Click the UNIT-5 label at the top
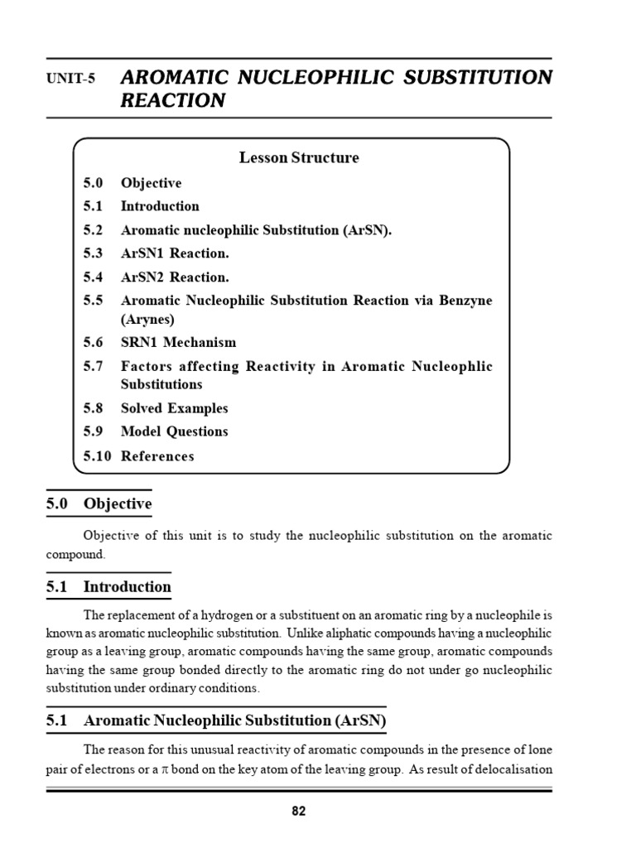pyautogui.click(x=70, y=79)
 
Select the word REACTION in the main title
pyautogui.click(x=173, y=101)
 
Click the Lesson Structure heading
pyautogui.click(x=299, y=157)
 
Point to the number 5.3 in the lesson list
pyautogui.click(x=93, y=253)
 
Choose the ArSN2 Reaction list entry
pyautogui.click(x=175, y=277)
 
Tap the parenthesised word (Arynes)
pyautogui.click(x=148, y=318)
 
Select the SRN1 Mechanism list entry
pyautogui.click(x=178, y=342)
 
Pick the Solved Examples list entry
pyautogui.click(x=174, y=408)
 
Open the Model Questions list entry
pyautogui.click(x=174, y=431)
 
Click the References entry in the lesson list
pyautogui.click(x=157, y=455)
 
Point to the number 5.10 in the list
pyautogui.click(x=97, y=455)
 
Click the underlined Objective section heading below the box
pyautogui.click(x=118, y=503)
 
